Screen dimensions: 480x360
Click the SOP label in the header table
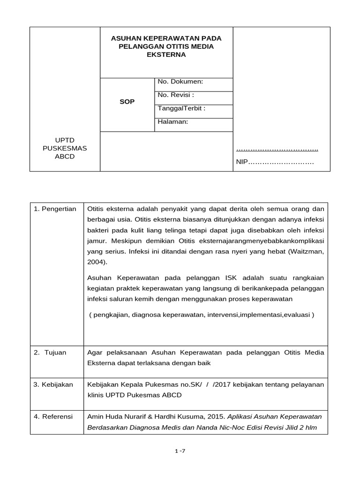point(127,102)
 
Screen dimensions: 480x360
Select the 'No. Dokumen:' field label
point(180,82)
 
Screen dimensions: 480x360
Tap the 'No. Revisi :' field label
point(176,95)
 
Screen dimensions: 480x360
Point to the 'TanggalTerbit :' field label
point(181,108)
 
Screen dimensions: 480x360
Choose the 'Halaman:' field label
point(173,121)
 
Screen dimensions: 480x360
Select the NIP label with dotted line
point(274,162)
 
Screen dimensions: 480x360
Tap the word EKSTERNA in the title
point(166,54)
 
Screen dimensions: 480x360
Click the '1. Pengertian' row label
point(55,209)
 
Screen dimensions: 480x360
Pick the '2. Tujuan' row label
point(50,352)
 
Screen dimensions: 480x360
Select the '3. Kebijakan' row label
point(53,384)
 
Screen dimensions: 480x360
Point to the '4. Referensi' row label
point(53,416)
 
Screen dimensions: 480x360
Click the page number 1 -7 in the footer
point(180,451)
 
